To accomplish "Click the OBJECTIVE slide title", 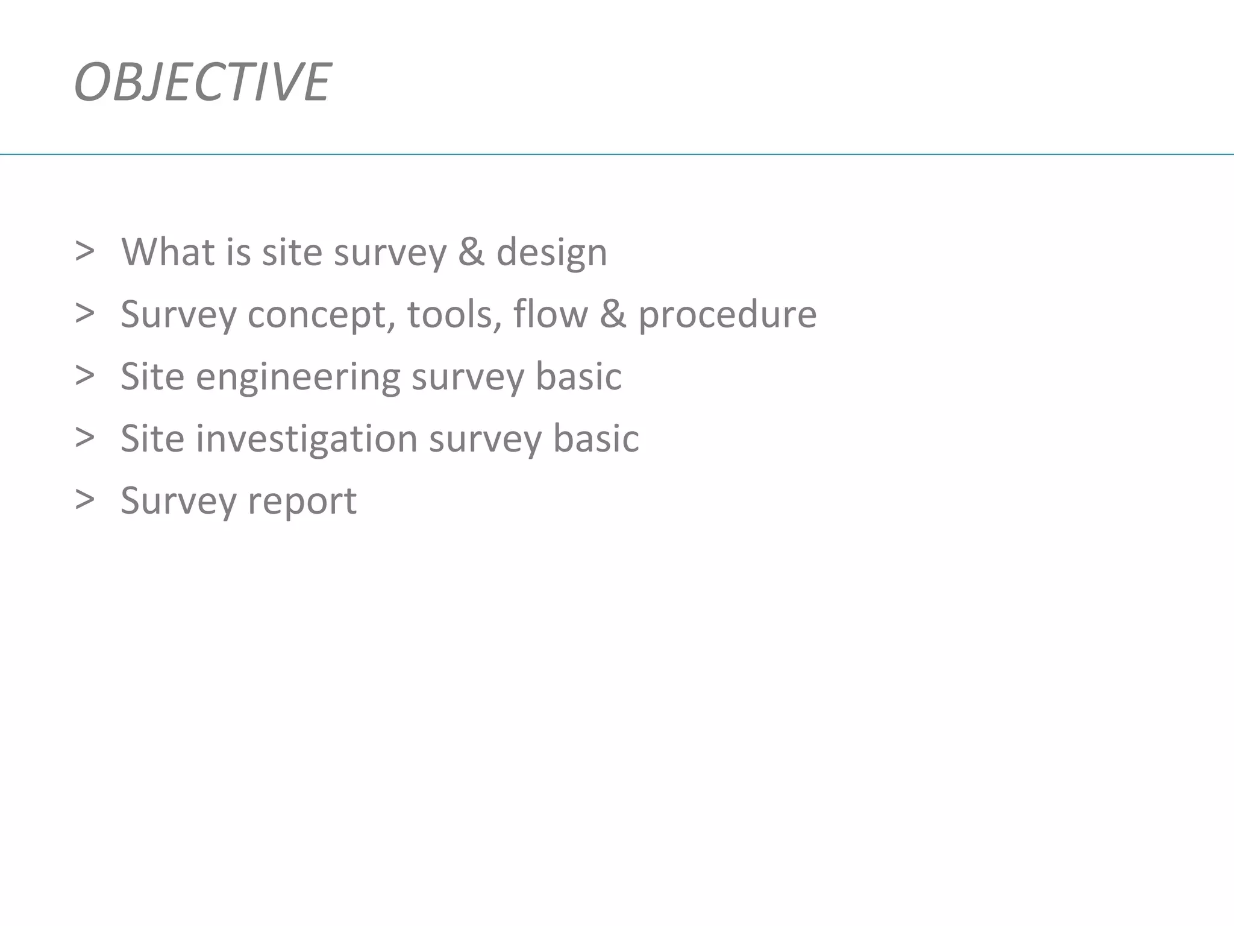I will coord(202,82).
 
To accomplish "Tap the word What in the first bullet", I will coord(168,252).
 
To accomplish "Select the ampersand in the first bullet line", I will coord(471,252).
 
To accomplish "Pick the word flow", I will coord(550,314).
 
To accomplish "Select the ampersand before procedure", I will coord(613,314).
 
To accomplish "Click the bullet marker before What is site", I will coord(85,251).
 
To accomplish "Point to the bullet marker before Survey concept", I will coord(85,313).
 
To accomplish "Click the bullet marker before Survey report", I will coord(85,499).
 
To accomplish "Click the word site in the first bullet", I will coord(292,252).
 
